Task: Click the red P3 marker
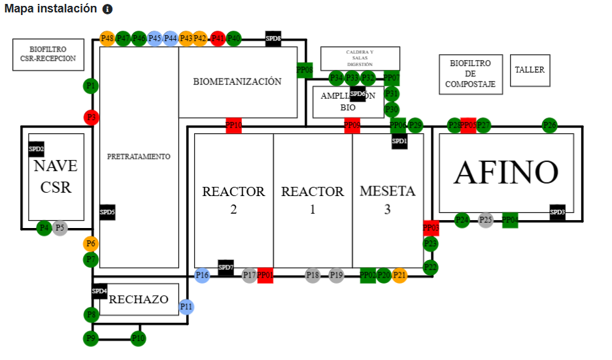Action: [x=92, y=118]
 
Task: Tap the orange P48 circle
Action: [x=107, y=39]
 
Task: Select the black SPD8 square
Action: [x=273, y=39]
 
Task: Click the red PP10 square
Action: [x=233, y=125]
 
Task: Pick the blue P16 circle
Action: [x=203, y=275]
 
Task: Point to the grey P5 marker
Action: [x=60, y=228]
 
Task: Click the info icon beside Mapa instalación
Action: [x=107, y=10]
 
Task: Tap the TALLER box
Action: [x=530, y=70]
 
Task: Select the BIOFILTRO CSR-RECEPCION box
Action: [x=48, y=54]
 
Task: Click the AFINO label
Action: [x=506, y=172]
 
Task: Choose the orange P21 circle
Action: [x=399, y=275]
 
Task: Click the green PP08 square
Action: [x=305, y=70]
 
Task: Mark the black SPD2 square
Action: [x=37, y=149]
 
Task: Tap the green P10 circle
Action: [x=138, y=338]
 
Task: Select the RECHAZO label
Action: [x=139, y=300]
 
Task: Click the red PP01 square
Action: [x=265, y=275]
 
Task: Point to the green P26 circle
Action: [x=550, y=125]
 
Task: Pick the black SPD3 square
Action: [x=558, y=212]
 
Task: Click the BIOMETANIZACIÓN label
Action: [x=237, y=82]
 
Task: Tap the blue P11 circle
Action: [x=186, y=306]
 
